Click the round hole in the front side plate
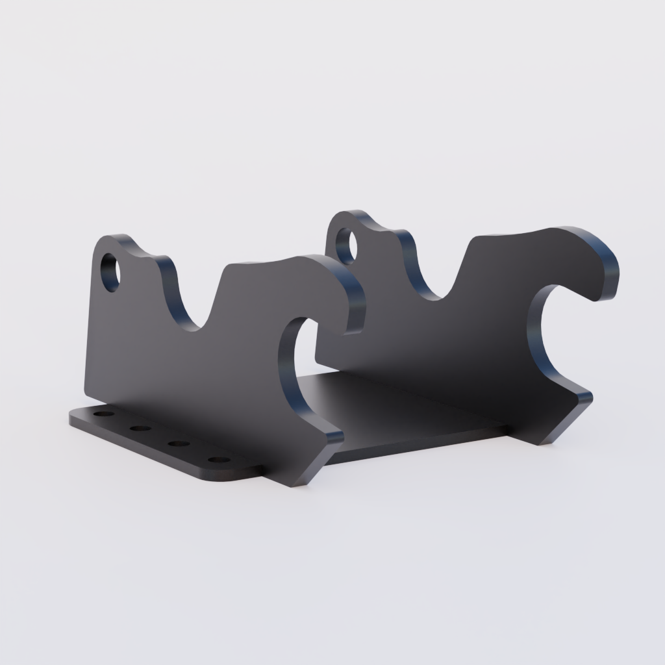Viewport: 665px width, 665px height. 111,272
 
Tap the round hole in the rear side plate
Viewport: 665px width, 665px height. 346,245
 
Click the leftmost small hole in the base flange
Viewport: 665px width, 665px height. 103,414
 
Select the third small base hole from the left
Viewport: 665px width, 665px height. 177,444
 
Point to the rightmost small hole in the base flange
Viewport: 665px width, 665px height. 219,460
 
